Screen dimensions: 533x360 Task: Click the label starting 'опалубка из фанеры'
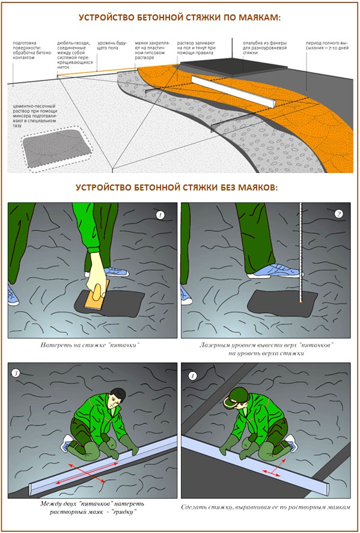tap(264, 47)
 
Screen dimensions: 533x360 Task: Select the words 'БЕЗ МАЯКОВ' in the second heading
tap(244, 187)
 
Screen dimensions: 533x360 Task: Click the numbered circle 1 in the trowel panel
tap(159, 215)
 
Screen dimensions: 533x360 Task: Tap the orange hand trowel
tap(95, 299)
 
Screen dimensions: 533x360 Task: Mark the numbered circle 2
tap(338, 214)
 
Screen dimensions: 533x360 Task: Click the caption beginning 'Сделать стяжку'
tap(266, 507)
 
